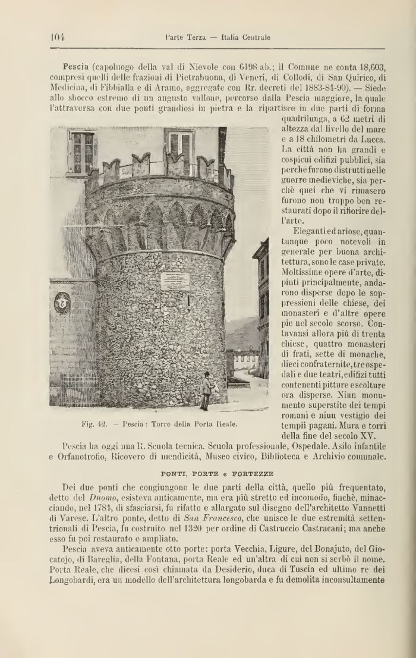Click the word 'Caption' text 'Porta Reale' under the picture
(x=219, y=424)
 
